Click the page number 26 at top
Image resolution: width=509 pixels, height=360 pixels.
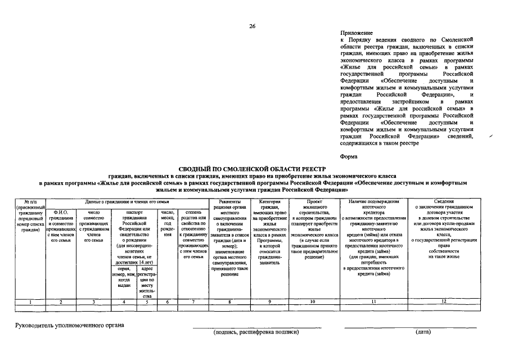point(253,26)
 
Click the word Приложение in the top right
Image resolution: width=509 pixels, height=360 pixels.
point(357,34)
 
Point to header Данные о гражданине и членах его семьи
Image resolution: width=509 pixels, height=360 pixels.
point(127,201)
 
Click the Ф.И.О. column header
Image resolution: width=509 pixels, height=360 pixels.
point(61,211)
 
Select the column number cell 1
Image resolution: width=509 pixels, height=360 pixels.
point(30,302)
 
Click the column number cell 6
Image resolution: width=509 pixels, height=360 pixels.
point(168,302)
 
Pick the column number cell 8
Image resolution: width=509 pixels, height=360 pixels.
point(229,302)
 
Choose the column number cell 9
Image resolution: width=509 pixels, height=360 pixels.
point(270,302)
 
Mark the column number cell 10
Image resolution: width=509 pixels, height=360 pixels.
point(312,302)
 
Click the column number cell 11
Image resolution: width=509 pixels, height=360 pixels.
point(373,302)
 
